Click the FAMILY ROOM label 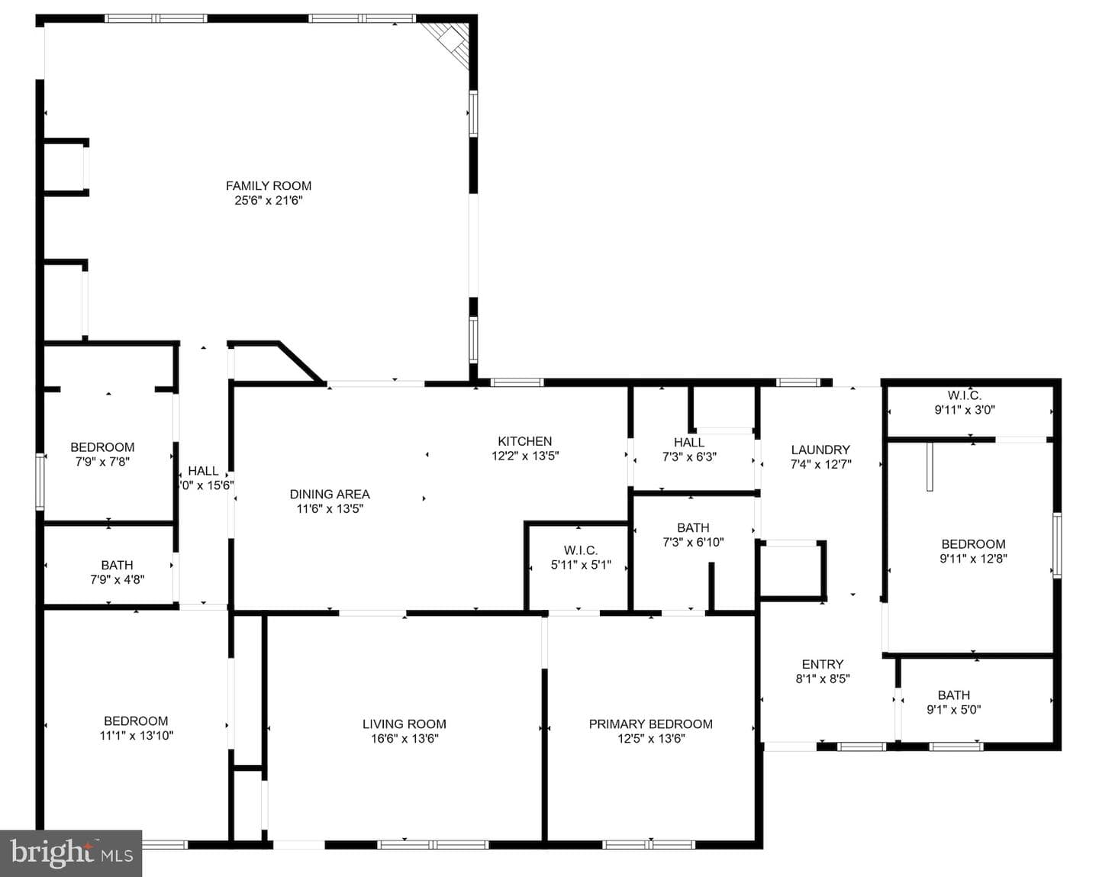(x=269, y=186)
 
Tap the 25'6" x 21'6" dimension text (x=269, y=200)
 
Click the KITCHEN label (x=525, y=441)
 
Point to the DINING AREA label (x=330, y=495)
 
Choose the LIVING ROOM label (x=404, y=724)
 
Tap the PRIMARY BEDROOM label (x=650, y=724)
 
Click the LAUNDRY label (x=820, y=450)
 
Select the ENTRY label (x=823, y=665)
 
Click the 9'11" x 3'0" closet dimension (x=965, y=410)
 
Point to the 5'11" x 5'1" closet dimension (x=581, y=565)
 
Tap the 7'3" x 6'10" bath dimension (x=694, y=543)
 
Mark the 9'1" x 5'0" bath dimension (x=954, y=710)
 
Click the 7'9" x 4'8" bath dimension (x=118, y=580)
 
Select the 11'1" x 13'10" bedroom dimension (x=137, y=736)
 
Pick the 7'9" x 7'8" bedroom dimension (x=102, y=462)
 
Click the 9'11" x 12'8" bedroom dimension (x=973, y=559)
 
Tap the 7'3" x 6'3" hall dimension (x=689, y=457)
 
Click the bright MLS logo (x=71, y=853)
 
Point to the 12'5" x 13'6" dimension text (x=651, y=739)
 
